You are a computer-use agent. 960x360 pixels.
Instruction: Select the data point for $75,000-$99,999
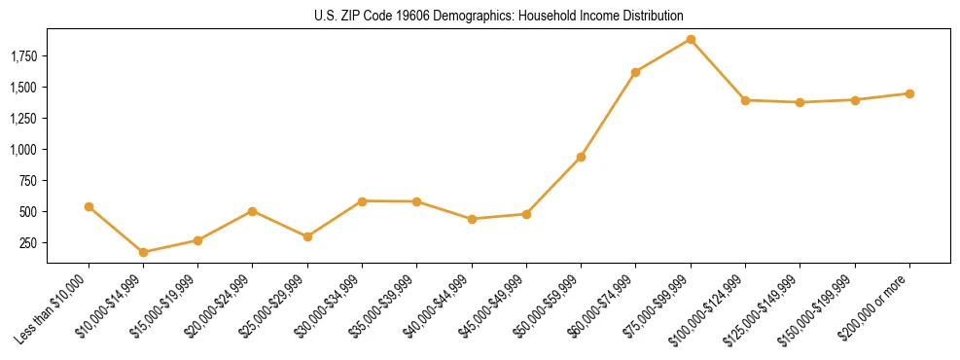pyautogui.click(x=691, y=39)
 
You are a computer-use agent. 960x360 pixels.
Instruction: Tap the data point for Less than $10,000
pyautogui.click(x=89, y=206)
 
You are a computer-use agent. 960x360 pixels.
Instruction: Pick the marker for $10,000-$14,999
pyautogui.click(x=144, y=252)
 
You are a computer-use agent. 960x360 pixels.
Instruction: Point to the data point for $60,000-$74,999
pyautogui.click(x=635, y=72)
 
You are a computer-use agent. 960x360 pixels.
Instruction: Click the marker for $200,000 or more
pyautogui.click(x=909, y=93)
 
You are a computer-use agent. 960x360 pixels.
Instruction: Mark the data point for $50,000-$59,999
pyautogui.click(x=581, y=157)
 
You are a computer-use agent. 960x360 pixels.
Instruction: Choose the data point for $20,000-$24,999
pyautogui.click(x=253, y=211)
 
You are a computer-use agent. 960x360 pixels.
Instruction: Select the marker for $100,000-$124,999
pyautogui.click(x=745, y=100)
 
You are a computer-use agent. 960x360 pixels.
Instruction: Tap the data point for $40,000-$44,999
pyautogui.click(x=472, y=219)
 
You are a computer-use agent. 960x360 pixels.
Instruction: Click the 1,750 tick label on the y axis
pyautogui.click(x=23, y=56)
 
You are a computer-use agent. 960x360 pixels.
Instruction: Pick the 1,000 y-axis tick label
pyautogui.click(x=23, y=150)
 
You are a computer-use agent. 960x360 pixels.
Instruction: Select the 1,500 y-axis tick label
pyautogui.click(x=23, y=88)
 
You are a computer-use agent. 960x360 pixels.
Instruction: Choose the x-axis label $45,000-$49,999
pyautogui.click(x=492, y=310)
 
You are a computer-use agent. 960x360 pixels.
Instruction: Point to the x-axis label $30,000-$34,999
pyautogui.click(x=328, y=310)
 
